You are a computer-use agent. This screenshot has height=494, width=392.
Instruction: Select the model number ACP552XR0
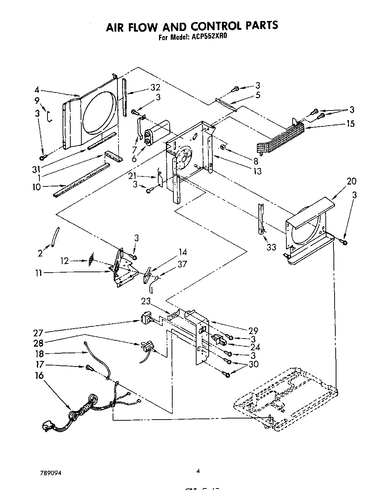[x=207, y=37]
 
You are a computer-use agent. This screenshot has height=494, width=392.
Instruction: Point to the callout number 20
[x=351, y=181]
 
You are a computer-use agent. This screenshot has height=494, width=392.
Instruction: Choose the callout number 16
[x=39, y=375]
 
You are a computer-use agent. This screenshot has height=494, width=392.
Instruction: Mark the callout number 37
[x=182, y=264]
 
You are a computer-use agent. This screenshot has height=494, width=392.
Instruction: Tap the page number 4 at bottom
[x=198, y=470]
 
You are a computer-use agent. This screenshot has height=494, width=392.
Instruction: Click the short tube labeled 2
[x=55, y=237]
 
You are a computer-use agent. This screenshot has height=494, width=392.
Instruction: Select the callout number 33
[x=271, y=247]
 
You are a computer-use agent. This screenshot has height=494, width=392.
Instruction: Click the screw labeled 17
[x=89, y=367]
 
